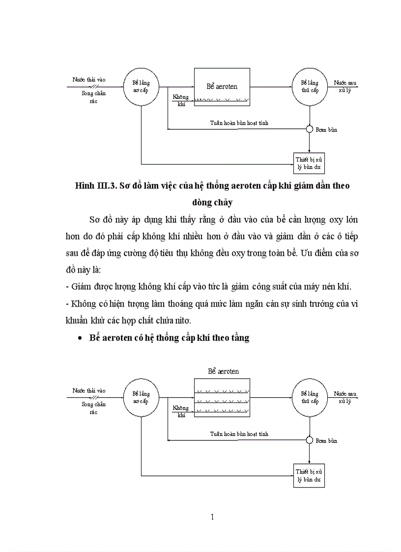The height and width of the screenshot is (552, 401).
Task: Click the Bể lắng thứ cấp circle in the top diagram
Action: pos(310,87)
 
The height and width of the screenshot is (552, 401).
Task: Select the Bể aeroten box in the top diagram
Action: pos(222,87)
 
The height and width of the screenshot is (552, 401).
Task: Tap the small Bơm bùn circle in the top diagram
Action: pos(310,129)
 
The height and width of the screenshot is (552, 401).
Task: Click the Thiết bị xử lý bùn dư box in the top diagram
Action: pos(309,163)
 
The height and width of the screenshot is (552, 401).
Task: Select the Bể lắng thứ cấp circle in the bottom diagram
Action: pos(310,397)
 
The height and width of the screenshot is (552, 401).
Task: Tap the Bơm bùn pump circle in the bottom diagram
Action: pos(310,440)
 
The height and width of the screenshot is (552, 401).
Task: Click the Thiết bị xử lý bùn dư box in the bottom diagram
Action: pos(309,475)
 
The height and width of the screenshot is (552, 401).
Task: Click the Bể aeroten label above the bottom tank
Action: pos(223,371)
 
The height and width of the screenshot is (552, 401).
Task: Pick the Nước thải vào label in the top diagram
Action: pos(89,79)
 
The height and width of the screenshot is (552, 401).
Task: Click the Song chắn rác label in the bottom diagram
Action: pos(93,408)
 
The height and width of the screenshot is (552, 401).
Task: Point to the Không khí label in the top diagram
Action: pos(180,100)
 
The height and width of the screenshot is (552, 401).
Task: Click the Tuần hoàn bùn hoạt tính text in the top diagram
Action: pos(239,123)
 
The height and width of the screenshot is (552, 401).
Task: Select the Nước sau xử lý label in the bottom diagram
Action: pos(345,397)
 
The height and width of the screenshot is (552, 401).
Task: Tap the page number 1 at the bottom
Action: pos(212,517)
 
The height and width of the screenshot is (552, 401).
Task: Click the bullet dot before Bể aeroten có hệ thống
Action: pos(80,339)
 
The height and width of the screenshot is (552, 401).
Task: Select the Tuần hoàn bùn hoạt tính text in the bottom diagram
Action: pos(239,434)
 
